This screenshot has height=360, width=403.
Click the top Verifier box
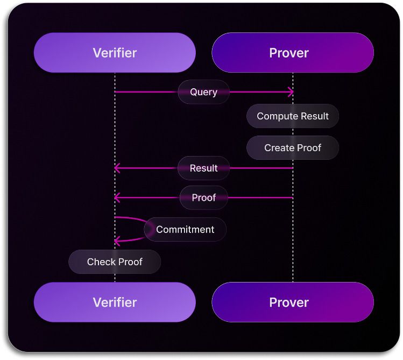(x=115, y=53)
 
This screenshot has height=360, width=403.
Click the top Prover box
(x=293, y=53)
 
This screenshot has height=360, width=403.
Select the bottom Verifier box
(x=115, y=302)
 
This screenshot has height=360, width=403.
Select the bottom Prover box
(x=293, y=302)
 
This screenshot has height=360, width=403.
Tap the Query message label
(x=203, y=92)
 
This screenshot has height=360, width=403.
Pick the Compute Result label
(x=293, y=116)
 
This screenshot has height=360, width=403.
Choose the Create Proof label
(x=293, y=148)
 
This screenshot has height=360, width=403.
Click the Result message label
(x=203, y=168)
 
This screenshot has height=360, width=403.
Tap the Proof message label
(x=203, y=197)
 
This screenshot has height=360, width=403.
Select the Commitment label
(x=185, y=230)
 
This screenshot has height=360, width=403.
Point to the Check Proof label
(x=115, y=262)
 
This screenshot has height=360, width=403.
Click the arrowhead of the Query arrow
(x=291, y=92)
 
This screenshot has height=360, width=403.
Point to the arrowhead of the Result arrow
(x=117, y=168)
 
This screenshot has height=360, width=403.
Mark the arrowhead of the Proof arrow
(x=117, y=197)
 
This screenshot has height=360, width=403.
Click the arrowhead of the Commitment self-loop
(x=117, y=241)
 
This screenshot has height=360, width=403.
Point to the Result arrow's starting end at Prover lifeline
(x=293, y=168)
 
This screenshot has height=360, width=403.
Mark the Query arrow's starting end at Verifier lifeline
(x=115, y=92)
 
